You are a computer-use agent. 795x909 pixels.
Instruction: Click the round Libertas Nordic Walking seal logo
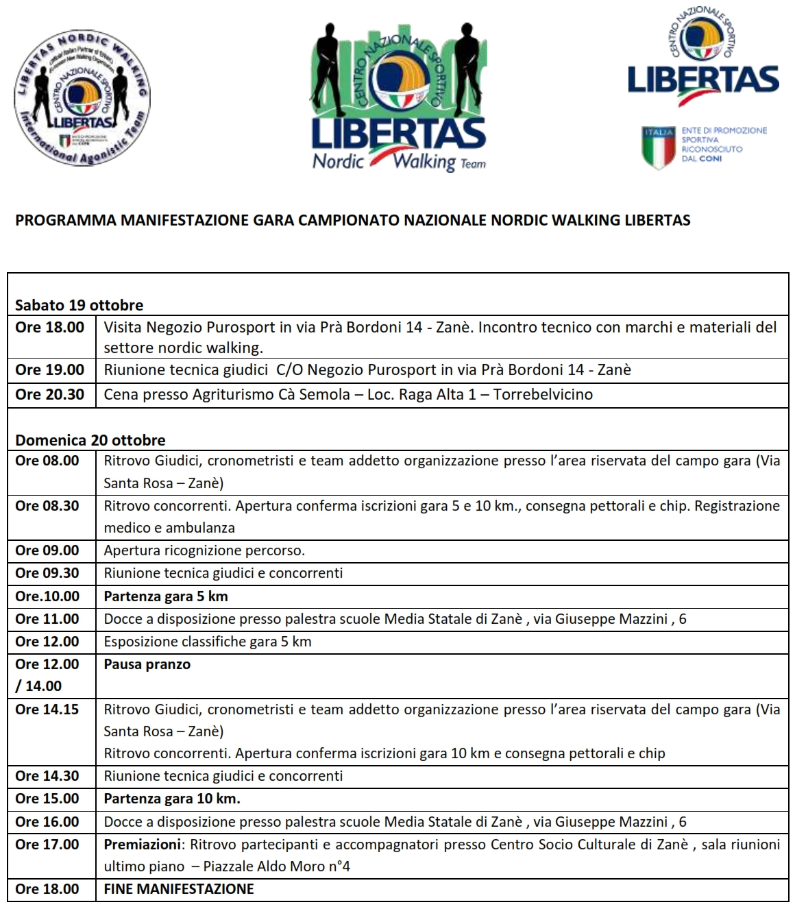(x=82, y=98)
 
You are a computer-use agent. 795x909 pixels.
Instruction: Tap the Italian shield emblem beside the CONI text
(x=657, y=147)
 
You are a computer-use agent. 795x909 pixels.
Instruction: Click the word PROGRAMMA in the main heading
(x=66, y=220)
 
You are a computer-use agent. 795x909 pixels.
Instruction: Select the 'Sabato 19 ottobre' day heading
(x=79, y=305)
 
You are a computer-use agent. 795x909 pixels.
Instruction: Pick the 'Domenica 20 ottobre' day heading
(x=90, y=440)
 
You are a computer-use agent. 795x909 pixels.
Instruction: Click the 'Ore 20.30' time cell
(x=49, y=394)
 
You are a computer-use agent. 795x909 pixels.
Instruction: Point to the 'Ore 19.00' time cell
(x=49, y=369)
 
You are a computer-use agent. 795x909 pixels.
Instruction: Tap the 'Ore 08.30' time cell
(x=47, y=506)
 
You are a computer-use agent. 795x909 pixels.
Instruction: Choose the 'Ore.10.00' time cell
(x=47, y=596)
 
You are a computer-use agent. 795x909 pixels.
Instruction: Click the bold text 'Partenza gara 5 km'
(x=166, y=596)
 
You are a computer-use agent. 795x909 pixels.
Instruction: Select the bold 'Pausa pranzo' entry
(x=147, y=664)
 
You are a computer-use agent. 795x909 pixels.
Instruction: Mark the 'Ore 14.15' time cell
(x=47, y=710)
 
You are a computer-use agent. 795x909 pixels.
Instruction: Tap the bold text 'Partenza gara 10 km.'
(x=172, y=799)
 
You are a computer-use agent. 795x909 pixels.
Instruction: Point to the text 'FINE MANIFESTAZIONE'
(x=179, y=889)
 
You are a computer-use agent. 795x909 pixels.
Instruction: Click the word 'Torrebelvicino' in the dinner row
(x=543, y=394)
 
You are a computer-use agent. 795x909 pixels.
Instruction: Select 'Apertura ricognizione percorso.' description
(x=204, y=550)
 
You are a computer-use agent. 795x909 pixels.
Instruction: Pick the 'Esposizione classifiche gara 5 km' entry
(x=208, y=642)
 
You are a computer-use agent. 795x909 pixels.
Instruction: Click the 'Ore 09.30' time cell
(x=47, y=573)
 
